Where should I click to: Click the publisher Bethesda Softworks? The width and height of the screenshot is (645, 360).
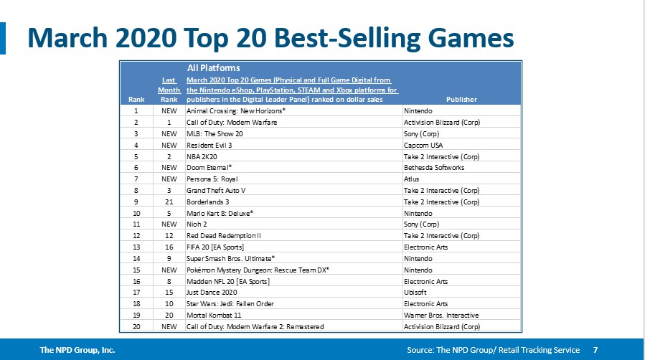[434, 167]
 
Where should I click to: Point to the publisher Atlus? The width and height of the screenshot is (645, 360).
[413, 179]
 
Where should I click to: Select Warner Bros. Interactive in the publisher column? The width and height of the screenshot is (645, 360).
[441, 315]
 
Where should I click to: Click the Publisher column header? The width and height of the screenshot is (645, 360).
[461, 100]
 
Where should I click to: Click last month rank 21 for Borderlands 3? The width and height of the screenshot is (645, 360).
[169, 202]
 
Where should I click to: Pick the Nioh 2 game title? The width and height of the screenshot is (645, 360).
[198, 224]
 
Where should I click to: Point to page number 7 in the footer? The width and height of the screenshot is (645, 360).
[595, 350]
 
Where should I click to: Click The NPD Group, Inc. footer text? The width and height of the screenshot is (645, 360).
[77, 350]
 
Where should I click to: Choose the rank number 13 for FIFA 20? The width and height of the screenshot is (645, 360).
[136, 247]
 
